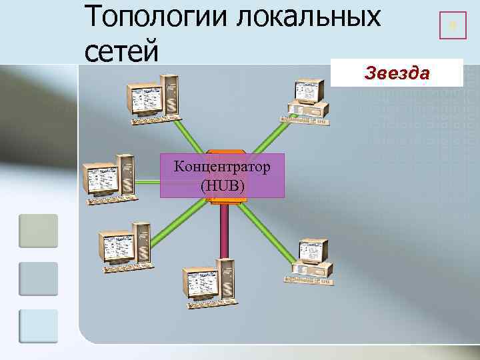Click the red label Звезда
[x=397, y=73]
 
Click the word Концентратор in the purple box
[x=222, y=167]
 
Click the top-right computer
[x=306, y=101]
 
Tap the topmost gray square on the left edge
[x=38, y=231]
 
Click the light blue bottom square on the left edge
[x=38, y=326]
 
